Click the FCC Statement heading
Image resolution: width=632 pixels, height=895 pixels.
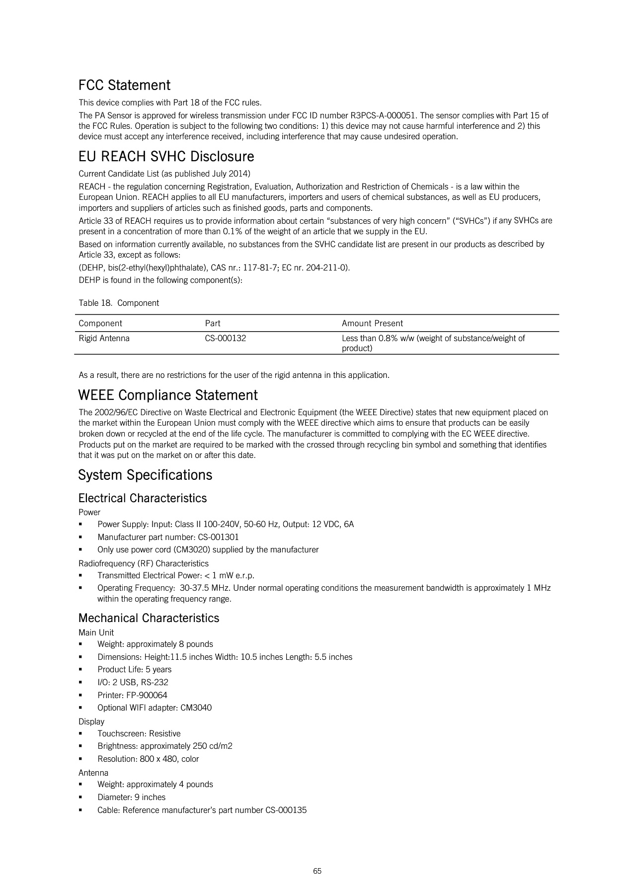[x=124, y=85]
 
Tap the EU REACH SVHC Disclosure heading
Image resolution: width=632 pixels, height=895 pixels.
[x=166, y=157]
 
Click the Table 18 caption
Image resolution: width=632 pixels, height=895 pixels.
[x=119, y=303]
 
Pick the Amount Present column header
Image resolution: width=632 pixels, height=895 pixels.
[x=372, y=324]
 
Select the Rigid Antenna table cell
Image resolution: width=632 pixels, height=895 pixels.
[x=104, y=339]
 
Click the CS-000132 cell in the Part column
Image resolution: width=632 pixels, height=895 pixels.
[x=226, y=339]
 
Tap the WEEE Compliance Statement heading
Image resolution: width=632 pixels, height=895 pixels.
[x=168, y=395]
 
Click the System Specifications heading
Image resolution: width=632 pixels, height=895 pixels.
[x=145, y=475]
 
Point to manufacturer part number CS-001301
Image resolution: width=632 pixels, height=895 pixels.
[x=218, y=537]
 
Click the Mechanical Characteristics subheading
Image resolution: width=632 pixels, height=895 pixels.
[x=149, y=618]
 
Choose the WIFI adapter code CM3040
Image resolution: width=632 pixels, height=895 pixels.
[x=196, y=708]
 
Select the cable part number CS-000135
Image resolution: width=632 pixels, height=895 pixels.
[x=286, y=810]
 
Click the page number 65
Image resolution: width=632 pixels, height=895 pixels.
[x=317, y=871]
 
